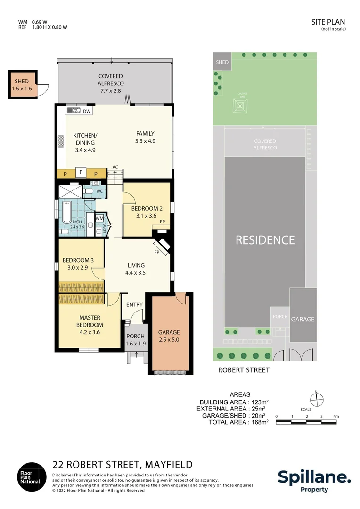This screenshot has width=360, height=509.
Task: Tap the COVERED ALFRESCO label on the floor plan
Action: [x=111, y=80]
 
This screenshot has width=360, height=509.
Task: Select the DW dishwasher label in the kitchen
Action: [x=87, y=112]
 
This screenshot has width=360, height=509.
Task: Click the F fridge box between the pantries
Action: [x=81, y=172]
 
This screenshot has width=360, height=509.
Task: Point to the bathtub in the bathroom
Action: [x=65, y=213]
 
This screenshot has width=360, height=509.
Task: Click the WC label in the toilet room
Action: [x=99, y=191]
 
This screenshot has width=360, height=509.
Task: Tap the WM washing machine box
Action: [x=99, y=219]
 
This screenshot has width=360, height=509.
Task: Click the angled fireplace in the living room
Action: [x=163, y=246]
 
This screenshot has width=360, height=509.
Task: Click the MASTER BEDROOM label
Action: [x=90, y=321]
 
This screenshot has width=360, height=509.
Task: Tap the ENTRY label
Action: [x=134, y=304]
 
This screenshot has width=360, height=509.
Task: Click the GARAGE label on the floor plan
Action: [x=169, y=332]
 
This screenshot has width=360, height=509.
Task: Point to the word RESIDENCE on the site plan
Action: [x=265, y=240]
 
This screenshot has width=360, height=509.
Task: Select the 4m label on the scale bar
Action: [x=336, y=416]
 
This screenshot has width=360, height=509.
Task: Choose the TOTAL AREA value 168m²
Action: [x=259, y=422]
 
